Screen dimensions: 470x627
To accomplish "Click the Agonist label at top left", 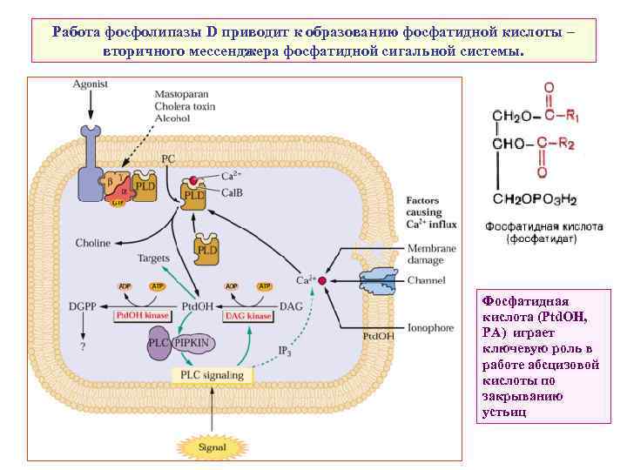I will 90,84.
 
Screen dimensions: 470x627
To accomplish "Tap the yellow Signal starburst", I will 212,447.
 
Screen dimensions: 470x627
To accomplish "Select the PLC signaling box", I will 212,375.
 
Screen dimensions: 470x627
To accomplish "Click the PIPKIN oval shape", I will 193,345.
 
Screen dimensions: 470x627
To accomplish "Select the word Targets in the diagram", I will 155,258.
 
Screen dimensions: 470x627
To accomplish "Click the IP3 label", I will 286,350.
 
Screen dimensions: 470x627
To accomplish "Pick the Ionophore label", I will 431,328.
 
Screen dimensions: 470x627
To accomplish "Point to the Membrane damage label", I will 431,255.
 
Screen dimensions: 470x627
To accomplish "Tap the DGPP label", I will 84,306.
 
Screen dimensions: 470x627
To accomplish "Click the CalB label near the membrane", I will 231,192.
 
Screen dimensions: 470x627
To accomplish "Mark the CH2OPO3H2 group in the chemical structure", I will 535,198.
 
